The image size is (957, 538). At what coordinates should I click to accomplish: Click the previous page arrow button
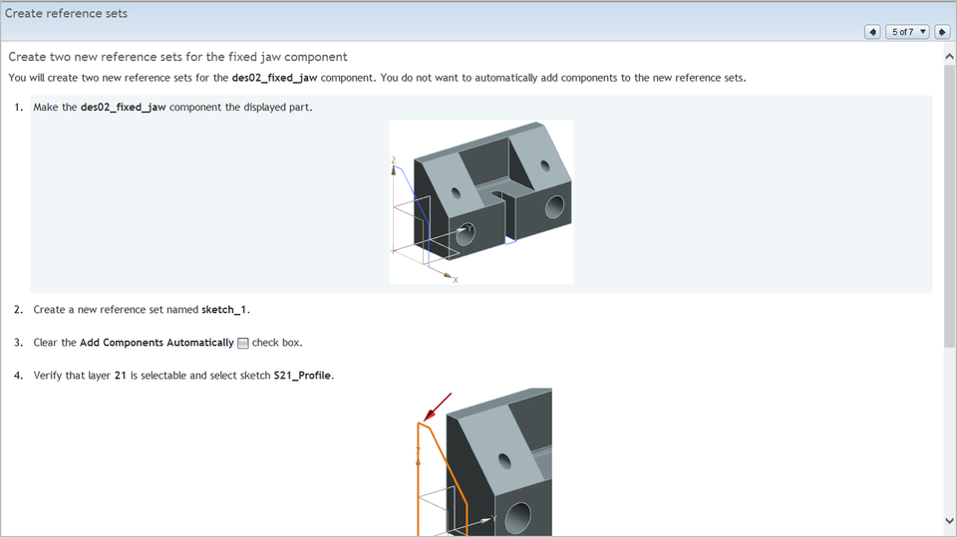(872, 32)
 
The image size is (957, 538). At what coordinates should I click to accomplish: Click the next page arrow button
(941, 32)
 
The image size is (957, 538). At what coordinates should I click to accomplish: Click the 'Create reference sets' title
(66, 14)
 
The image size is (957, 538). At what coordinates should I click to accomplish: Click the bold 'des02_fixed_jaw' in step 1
(123, 108)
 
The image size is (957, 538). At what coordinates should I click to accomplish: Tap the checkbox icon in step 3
(243, 343)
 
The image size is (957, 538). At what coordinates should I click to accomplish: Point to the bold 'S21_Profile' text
(303, 376)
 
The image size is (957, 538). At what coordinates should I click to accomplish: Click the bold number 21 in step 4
(121, 376)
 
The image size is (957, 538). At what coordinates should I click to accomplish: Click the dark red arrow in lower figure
(437, 406)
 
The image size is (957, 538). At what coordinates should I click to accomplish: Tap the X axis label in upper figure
(456, 280)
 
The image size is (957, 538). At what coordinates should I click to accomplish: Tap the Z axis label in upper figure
(394, 160)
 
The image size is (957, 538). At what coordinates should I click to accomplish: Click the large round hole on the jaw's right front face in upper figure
(553, 207)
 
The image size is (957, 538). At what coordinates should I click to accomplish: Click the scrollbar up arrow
(949, 57)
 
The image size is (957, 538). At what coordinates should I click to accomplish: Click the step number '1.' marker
(19, 108)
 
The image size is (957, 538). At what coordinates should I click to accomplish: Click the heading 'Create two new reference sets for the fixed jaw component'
(177, 57)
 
